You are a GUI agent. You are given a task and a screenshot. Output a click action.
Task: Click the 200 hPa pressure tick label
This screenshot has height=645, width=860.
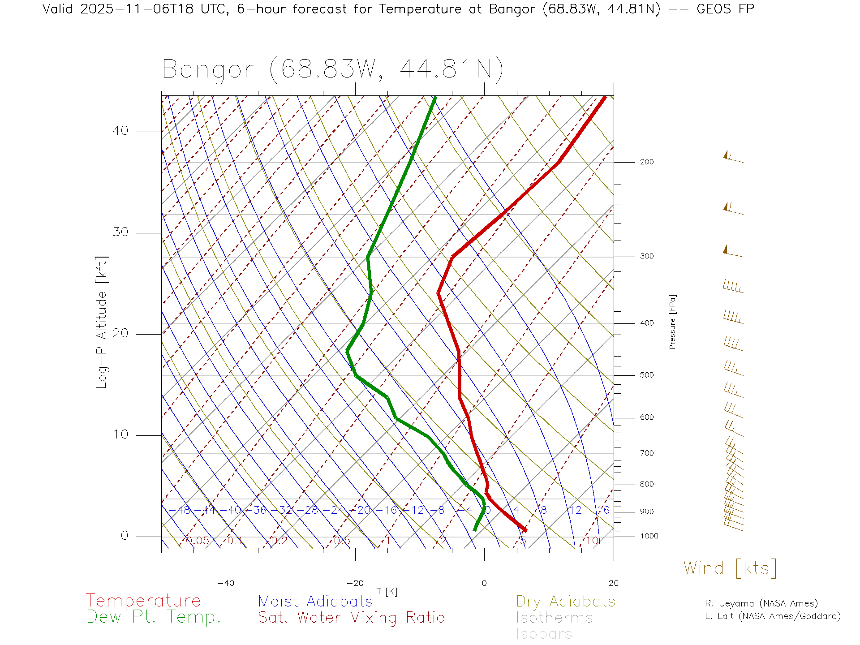pos(646,162)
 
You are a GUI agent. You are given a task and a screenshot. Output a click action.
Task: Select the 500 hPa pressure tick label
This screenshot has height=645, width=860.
pos(646,375)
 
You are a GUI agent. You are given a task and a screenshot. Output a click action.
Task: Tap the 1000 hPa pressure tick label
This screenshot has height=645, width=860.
pos(649,536)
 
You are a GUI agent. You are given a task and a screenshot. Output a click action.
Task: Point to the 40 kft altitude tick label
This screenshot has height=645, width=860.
pos(120,131)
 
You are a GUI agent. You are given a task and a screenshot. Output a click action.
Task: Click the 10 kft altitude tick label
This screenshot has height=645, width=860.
pos(120,434)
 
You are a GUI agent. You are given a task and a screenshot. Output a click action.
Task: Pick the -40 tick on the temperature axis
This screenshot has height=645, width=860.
pos(226,583)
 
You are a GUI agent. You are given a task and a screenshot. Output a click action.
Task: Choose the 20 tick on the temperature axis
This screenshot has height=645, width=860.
pos(613,583)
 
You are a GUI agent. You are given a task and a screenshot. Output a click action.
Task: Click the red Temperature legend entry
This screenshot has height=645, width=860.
pos(143,601)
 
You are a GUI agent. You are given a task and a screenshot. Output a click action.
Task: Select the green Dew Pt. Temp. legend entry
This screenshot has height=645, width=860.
pos(154,617)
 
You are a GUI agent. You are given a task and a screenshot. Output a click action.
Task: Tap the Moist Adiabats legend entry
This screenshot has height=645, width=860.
pos(315,601)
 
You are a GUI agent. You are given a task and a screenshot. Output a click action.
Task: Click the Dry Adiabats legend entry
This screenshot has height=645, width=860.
pos(565,601)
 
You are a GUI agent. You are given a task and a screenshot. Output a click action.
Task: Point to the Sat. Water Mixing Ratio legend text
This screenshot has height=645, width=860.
pos(351,618)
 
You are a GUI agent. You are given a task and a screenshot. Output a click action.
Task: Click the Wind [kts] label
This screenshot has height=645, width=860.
pos(730,568)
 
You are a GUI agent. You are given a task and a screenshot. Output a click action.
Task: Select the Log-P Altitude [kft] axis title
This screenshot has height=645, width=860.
pos(102,322)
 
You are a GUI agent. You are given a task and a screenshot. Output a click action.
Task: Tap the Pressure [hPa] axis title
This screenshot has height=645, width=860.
pos(672,322)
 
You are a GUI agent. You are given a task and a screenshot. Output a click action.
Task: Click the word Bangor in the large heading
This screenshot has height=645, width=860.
pos(208,70)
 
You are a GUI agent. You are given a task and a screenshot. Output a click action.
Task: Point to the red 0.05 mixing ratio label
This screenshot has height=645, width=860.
pos(197,541)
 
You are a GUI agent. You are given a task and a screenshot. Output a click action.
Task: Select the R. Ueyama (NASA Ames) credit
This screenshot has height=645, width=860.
pos(761,603)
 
